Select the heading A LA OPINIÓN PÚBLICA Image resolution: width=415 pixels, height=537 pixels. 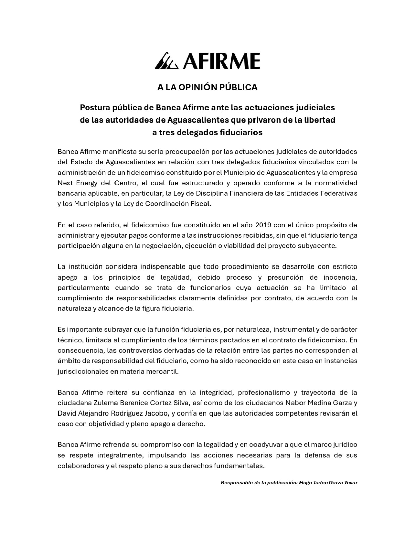click(x=207, y=87)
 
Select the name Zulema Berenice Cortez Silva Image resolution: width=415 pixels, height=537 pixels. click(x=130, y=403)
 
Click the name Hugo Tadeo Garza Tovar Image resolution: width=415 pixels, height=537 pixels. click(x=328, y=483)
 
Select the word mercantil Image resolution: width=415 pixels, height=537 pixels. click(x=165, y=372)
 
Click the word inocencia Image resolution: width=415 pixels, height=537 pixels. click(x=340, y=277)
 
